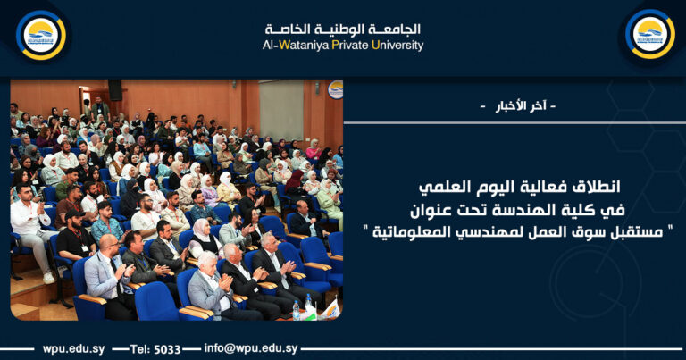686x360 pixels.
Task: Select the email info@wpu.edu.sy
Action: point(251,348)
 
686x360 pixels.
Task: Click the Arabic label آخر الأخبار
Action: point(517,106)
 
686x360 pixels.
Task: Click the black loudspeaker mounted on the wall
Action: point(115,89)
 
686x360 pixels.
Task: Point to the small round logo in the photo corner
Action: point(335,88)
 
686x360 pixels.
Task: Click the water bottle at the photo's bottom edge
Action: point(296,310)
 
